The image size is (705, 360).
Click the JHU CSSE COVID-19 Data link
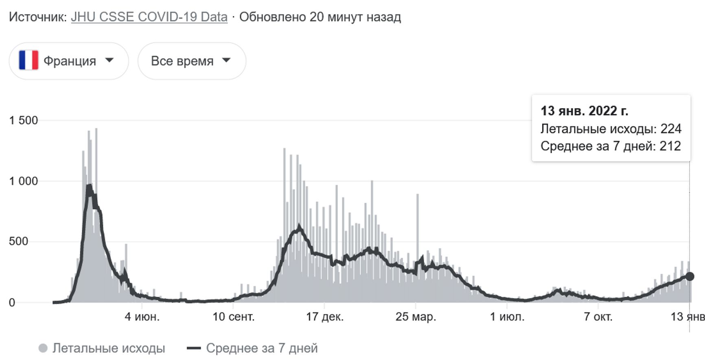(149, 17)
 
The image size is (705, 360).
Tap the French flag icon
(28, 60)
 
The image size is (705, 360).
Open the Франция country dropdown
(69, 61)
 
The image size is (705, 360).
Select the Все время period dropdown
(191, 61)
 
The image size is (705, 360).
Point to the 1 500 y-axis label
(23, 121)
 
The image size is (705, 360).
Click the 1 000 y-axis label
(23, 181)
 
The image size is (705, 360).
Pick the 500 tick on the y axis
(18, 241)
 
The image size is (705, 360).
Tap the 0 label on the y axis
(12, 303)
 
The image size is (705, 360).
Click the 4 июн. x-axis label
(142, 317)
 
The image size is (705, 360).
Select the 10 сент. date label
(233, 317)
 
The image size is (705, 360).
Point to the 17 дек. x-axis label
(324, 317)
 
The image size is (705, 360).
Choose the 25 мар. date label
(416, 317)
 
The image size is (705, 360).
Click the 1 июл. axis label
(507, 317)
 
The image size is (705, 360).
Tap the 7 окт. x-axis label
(598, 317)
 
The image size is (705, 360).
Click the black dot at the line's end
(690, 277)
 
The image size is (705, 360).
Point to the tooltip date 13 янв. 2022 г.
(584, 111)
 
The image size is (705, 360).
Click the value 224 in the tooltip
(671, 129)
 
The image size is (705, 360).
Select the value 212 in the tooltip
(670, 146)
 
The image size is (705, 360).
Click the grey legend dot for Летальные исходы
(43, 348)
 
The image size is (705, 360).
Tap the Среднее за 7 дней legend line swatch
(194, 348)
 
